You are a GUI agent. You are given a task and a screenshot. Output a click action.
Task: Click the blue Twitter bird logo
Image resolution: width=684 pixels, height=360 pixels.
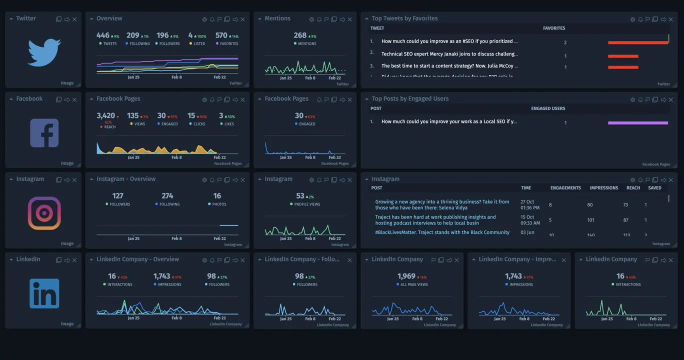[x=44, y=52]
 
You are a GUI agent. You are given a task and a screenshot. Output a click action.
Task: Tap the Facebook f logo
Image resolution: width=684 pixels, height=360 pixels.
[x=44, y=133]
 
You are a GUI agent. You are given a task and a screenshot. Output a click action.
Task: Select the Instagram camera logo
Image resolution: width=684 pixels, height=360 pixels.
[x=44, y=213]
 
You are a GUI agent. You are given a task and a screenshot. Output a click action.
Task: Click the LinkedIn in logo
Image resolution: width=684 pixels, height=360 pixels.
[x=44, y=293]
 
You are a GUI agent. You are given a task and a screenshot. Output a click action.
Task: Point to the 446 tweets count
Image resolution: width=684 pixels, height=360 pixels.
[x=103, y=35]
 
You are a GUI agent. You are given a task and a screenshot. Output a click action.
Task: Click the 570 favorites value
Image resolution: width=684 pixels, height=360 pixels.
[x=221, y=35]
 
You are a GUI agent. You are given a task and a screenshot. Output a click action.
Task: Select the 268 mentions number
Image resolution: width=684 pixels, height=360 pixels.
[x=300, y=35]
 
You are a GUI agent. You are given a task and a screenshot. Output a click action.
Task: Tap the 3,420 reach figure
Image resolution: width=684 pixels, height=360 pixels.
[x=105, y=115]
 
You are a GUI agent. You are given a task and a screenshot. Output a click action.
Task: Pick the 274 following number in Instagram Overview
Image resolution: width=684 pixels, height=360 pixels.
[x=167, y=196]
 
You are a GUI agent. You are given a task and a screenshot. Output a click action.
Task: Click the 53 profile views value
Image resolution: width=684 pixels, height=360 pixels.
[x=300, y=196]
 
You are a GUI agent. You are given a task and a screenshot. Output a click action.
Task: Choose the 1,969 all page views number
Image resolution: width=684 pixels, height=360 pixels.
[x=406, y=276]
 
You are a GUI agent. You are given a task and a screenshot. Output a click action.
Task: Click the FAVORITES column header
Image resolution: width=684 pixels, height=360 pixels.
[x=554, y=28]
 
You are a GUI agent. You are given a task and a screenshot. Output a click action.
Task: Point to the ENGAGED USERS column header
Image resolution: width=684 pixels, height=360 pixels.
[x=548, y=108]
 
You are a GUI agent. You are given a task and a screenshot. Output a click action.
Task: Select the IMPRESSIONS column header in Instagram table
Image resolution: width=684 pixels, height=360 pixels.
[x=603, y=188]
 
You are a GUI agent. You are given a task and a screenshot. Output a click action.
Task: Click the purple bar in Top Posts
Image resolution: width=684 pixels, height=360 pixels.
[x=638, y=122]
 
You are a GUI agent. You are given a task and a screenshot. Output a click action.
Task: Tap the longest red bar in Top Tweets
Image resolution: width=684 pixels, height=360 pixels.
[x=638, y=42]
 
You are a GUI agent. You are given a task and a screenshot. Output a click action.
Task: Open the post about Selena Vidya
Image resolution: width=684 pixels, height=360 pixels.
[x=442, y=204]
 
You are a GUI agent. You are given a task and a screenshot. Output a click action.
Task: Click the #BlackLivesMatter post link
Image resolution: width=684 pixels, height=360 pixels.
[x=442, y=232]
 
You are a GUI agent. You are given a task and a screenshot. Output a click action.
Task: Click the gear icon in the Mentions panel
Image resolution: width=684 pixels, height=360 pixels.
[x=311, y=19]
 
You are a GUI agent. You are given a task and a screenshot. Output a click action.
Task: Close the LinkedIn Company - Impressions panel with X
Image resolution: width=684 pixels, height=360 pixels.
[x=564, y=260]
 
